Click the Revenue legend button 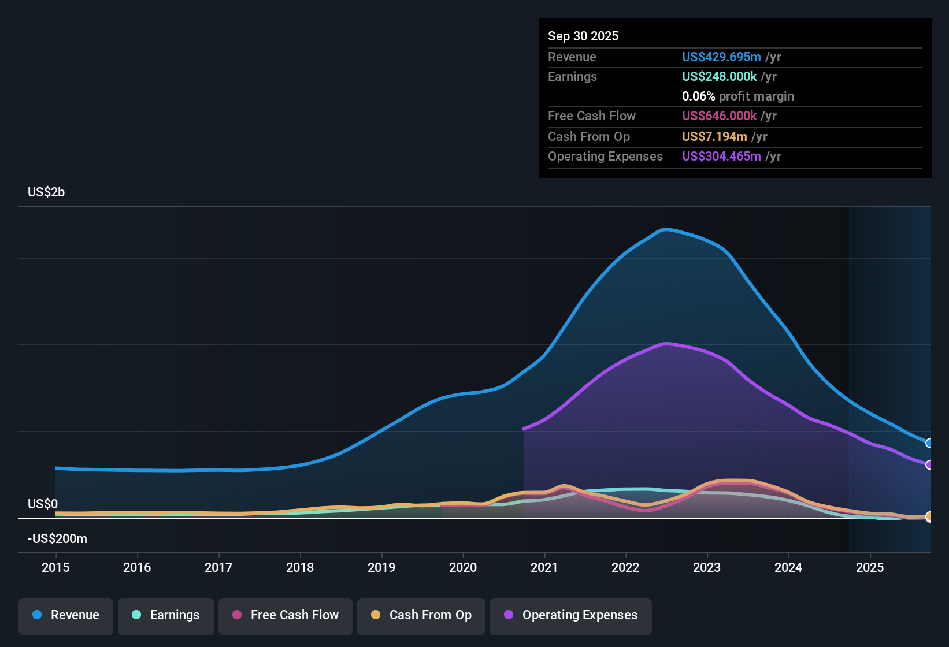(66, 615)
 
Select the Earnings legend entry (166, 615)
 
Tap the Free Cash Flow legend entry (286, 615)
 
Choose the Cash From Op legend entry (421, 615)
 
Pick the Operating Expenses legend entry (571, 615)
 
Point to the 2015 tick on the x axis (55, 567)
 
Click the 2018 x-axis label (300, 567)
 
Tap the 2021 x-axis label (544, 567)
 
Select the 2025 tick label (869, 567)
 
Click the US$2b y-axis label (46, 192)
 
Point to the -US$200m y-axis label (57, 538)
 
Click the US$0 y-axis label (43, 504)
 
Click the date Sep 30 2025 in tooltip (583, 36)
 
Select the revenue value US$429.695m (721, 57)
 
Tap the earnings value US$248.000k (719, 76)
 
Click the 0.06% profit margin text (737, 96)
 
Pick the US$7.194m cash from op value (714, 136)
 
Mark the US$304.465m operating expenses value (721, 156)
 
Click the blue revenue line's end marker (929, 443)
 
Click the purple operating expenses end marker (929, 465)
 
